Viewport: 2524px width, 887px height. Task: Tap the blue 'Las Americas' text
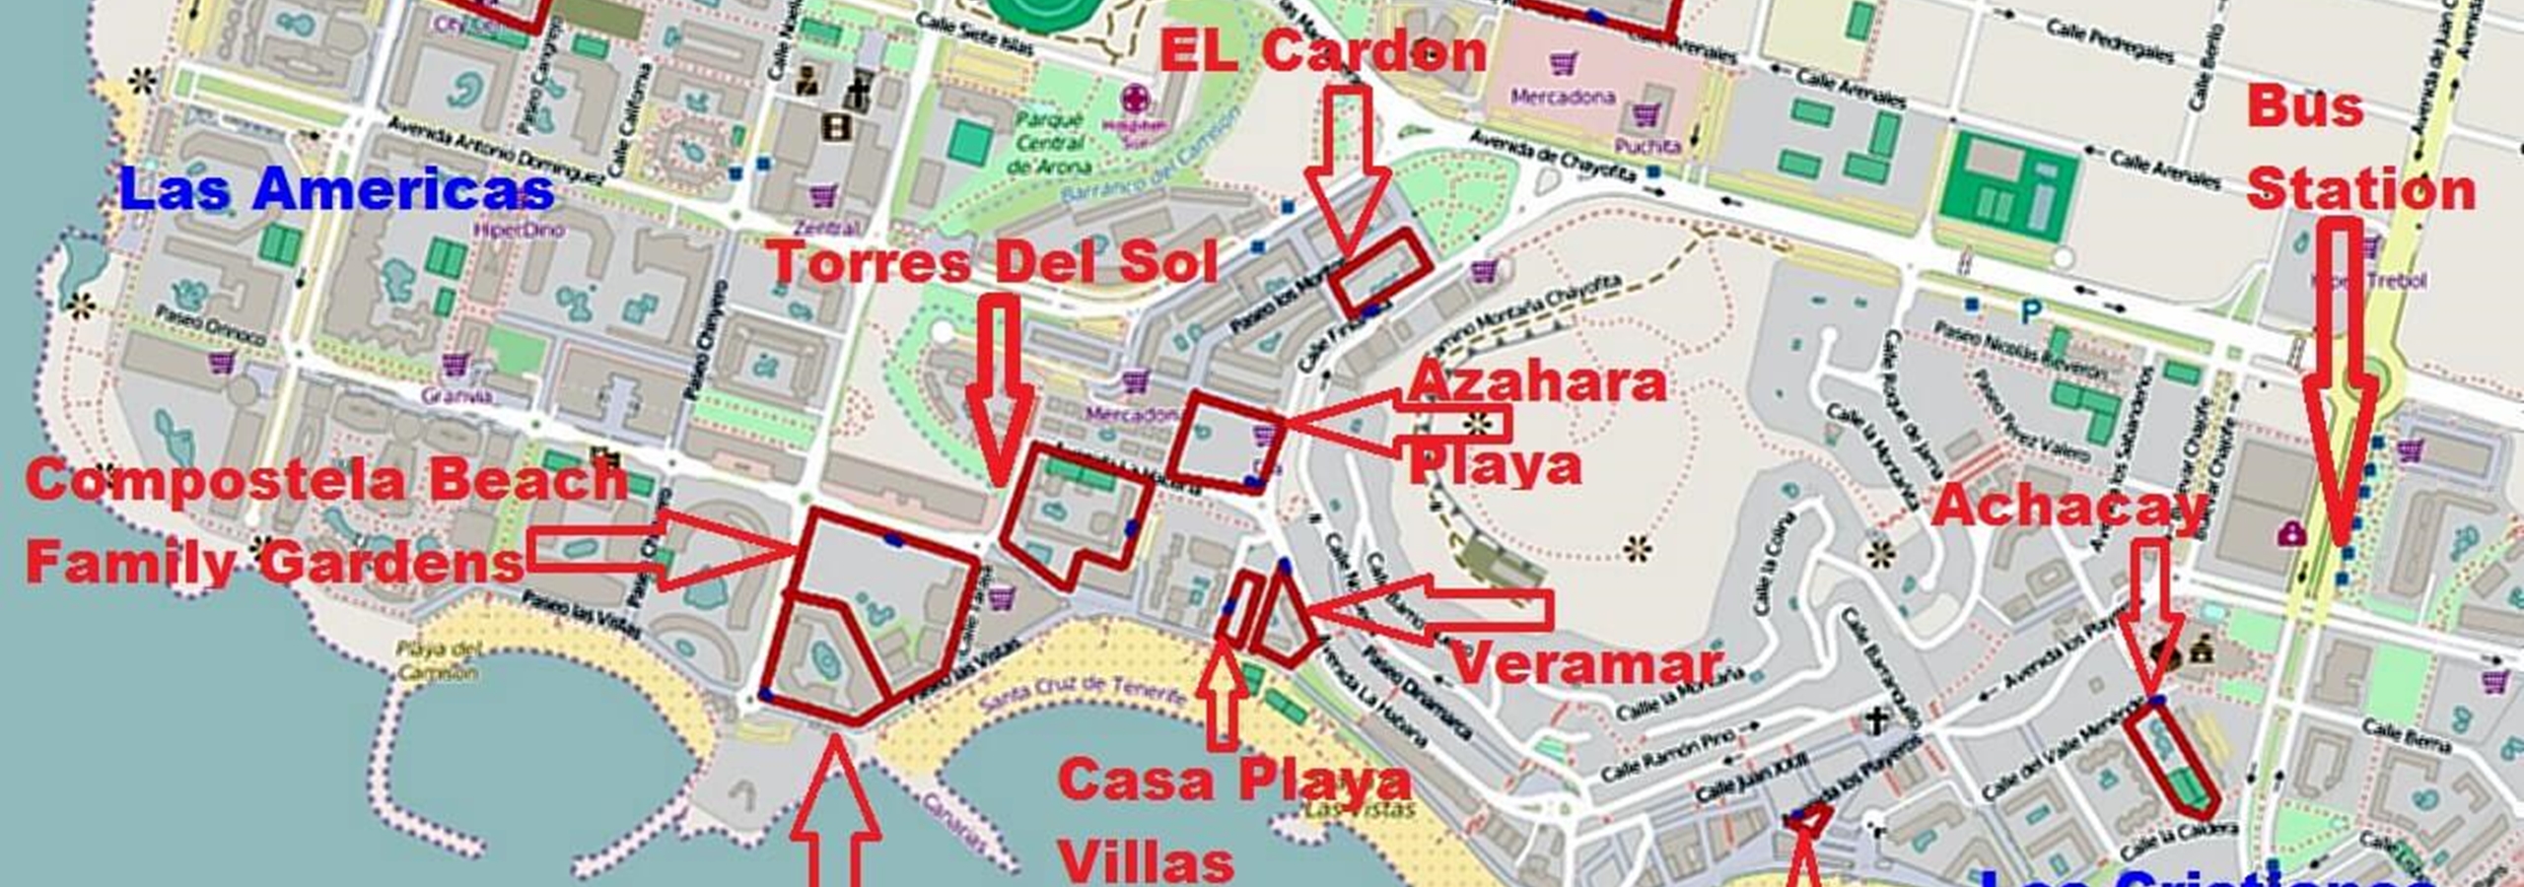point(335,189)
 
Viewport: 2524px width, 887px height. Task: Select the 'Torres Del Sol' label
point(992,263)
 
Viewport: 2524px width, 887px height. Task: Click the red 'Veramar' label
point(1586,662)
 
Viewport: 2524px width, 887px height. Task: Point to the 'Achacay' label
point(2069,507)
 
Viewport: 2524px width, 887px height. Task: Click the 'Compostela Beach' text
point(326,480)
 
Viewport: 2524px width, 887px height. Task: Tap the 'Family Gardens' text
point(274,563)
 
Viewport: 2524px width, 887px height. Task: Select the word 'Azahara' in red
point(1537,381)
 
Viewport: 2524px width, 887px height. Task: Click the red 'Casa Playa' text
point(1234,781)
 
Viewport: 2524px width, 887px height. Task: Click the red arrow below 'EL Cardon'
point(1348,168)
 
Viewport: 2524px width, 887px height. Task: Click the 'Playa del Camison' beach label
point(438,661)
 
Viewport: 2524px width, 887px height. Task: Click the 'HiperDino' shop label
point(519,231)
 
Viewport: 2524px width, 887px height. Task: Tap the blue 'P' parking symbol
point(2031,312)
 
